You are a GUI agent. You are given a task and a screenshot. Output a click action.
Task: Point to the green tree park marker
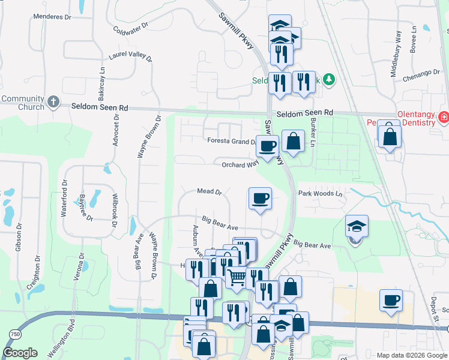point(328,79)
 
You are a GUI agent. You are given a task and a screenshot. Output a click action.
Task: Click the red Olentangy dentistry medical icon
point(444,117)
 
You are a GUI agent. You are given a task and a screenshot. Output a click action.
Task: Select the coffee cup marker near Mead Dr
point(260,198)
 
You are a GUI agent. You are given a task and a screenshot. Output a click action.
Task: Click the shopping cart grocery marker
point(237,277)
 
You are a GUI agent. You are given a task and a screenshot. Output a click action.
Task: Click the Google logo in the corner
point(20,353)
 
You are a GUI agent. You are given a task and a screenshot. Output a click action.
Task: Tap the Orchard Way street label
point(240,164)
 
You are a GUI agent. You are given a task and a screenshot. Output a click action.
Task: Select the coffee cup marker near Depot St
point(391,300)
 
